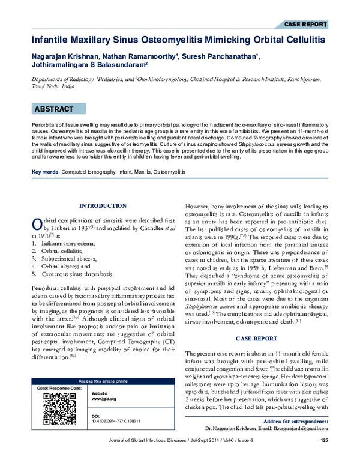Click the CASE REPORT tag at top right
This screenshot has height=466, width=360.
pyautogui.click(x=305, y=25)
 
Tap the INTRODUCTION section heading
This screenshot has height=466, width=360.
pyautogui.click(x=103, y=206)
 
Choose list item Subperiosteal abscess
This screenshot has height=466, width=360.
pyautogui.click(x=73, y=259)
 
